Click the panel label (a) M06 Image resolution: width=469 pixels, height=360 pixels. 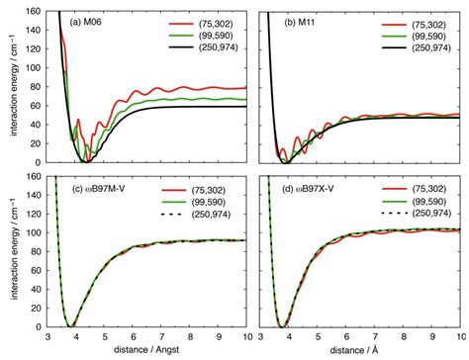click(83, 19)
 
